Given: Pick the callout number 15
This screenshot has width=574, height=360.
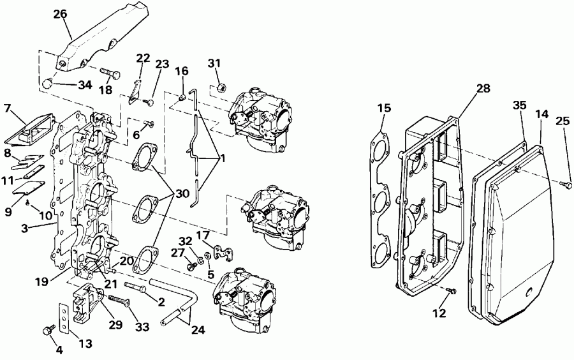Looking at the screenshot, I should (383, 109).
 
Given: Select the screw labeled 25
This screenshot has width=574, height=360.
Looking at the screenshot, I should (565, 184).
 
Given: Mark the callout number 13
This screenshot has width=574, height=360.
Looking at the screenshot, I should (84, 343).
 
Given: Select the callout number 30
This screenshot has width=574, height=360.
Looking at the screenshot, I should (182, 194).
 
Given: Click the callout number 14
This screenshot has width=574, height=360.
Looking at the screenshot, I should (541, 114).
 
